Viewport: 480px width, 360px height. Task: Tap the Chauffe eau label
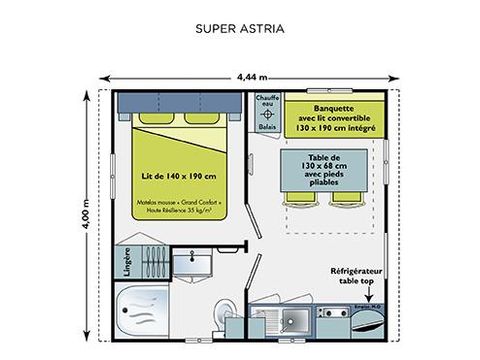(265, 103)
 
